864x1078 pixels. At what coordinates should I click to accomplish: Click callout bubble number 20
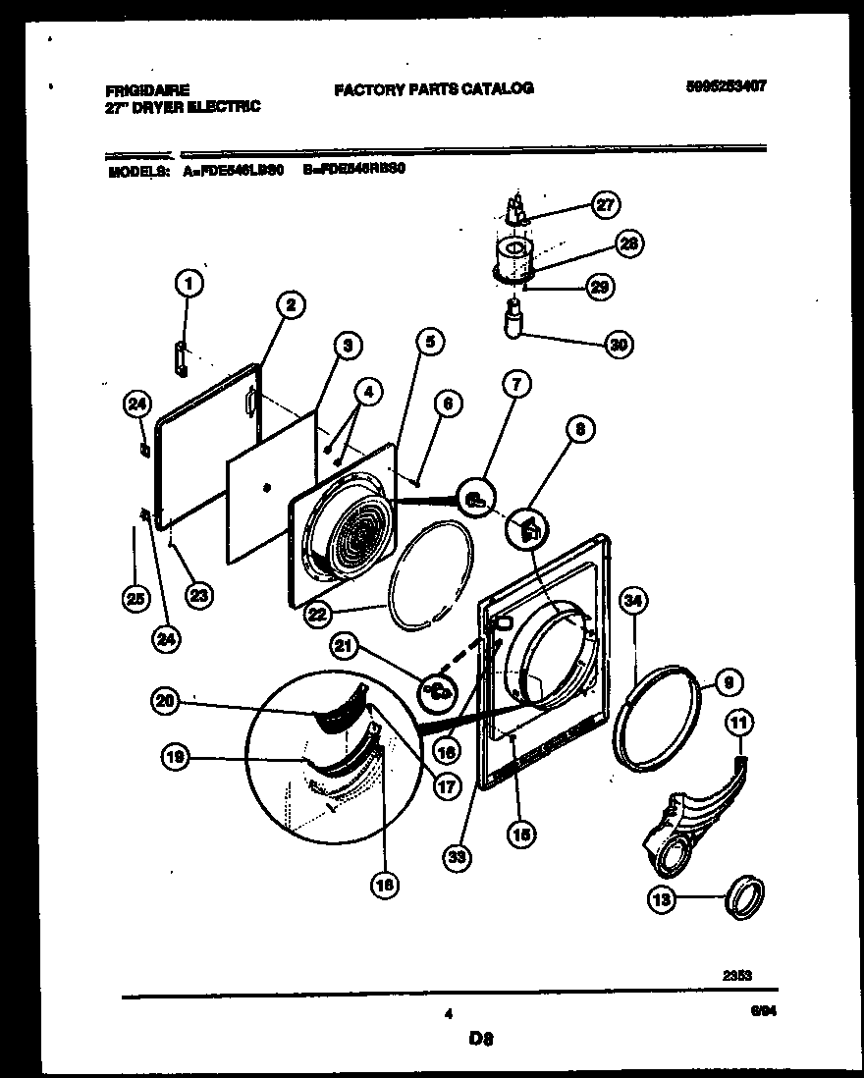(x=167, y=700)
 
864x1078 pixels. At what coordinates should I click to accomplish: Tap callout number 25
(x=133, y=596)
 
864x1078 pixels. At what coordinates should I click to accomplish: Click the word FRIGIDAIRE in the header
(x=147, y=88)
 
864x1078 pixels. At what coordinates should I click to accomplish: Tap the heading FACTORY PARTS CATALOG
(x=433, y=88)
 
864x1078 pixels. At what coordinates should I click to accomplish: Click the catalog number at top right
(x=726, y=86)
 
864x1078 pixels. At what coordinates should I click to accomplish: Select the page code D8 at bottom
(x=480, y=1036)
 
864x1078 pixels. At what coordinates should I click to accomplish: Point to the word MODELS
(x=135, y=169)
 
